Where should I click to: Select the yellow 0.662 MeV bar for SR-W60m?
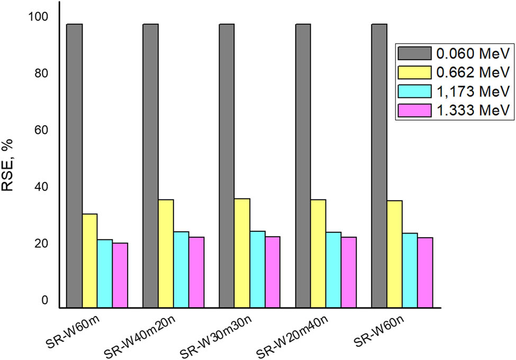[89, 260]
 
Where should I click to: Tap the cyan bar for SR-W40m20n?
[181, 269]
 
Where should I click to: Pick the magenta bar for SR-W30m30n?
[273, 271]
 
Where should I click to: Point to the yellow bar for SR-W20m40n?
[318, 253]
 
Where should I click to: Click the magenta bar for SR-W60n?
[425, 272]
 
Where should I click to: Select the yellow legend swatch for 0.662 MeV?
[414, 72]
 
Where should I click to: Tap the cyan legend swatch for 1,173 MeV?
[414, 91]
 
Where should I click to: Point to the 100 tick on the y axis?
[40, 17]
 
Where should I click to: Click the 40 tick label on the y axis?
[42, 187]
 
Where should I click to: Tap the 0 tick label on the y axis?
[45, 300]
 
